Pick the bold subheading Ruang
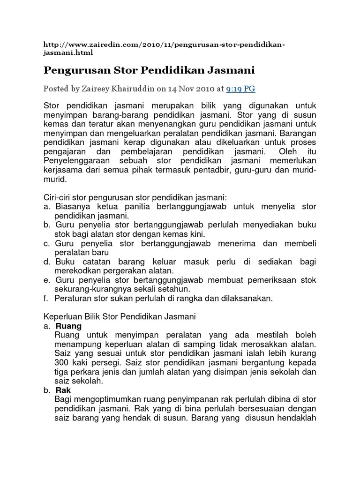(68, 326)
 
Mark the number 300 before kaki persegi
(63, 363)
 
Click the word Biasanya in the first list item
(72, 207)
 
